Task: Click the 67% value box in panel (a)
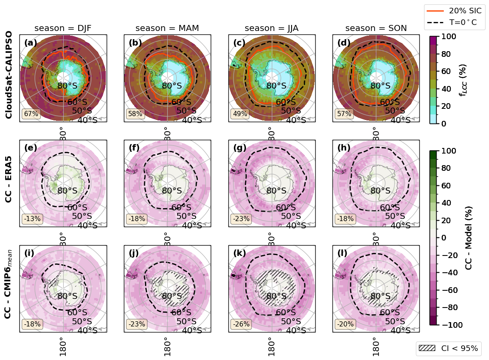tap(31, 114)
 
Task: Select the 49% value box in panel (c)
tap(240, 114)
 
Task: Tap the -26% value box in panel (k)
tap(241, 324)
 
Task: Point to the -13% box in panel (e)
tap(32, 218)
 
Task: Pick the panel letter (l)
tap(343, 253)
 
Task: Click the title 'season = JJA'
tap(271, 28)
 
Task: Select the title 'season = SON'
tap(376, 28)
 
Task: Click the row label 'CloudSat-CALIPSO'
tap(9, 75)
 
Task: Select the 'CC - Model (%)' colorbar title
tap(469, 238)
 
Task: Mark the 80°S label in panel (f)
tap(172, 191)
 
